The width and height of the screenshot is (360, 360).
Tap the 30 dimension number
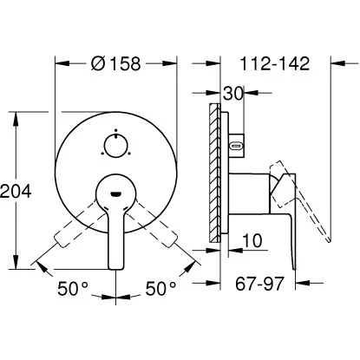pos(232,93)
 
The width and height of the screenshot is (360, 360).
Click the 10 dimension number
pos(252,239)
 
